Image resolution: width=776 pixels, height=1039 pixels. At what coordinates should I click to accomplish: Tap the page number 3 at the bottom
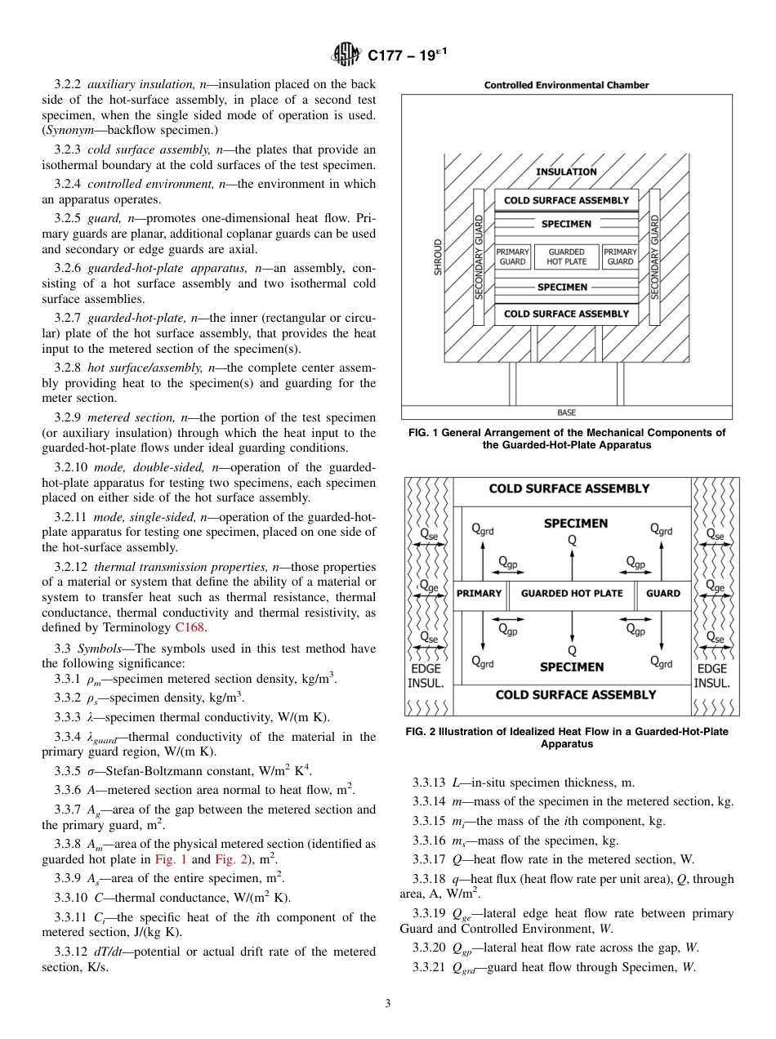tap(387, 1003)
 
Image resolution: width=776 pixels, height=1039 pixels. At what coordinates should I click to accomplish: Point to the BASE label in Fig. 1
tap(565, 412)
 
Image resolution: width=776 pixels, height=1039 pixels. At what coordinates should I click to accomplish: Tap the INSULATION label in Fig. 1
tap(566, 172)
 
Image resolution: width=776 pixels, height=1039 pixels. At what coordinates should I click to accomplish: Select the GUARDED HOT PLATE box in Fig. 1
tap(566, 256)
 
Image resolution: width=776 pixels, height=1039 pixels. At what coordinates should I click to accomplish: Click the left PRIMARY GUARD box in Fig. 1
tap(513, 256)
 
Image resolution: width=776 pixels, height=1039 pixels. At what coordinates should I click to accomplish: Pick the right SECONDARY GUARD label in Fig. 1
tap(654, 256)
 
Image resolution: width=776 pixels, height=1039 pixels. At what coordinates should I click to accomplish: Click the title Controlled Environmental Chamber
tap(566, 85)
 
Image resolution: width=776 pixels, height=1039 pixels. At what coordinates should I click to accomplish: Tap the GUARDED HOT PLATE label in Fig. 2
tap(572, 593)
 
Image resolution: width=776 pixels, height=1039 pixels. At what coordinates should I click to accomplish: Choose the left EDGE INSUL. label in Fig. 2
tap(426, 676)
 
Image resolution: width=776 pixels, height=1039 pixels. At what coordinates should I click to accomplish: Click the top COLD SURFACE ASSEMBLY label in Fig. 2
tap(569, 488)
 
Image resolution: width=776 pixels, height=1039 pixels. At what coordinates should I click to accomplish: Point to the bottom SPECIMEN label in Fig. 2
tap(572, 667)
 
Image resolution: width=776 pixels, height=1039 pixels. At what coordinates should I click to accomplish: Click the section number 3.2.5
tap(69, 218)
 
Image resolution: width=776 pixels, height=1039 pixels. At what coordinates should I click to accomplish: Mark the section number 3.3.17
tap(430, 858)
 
